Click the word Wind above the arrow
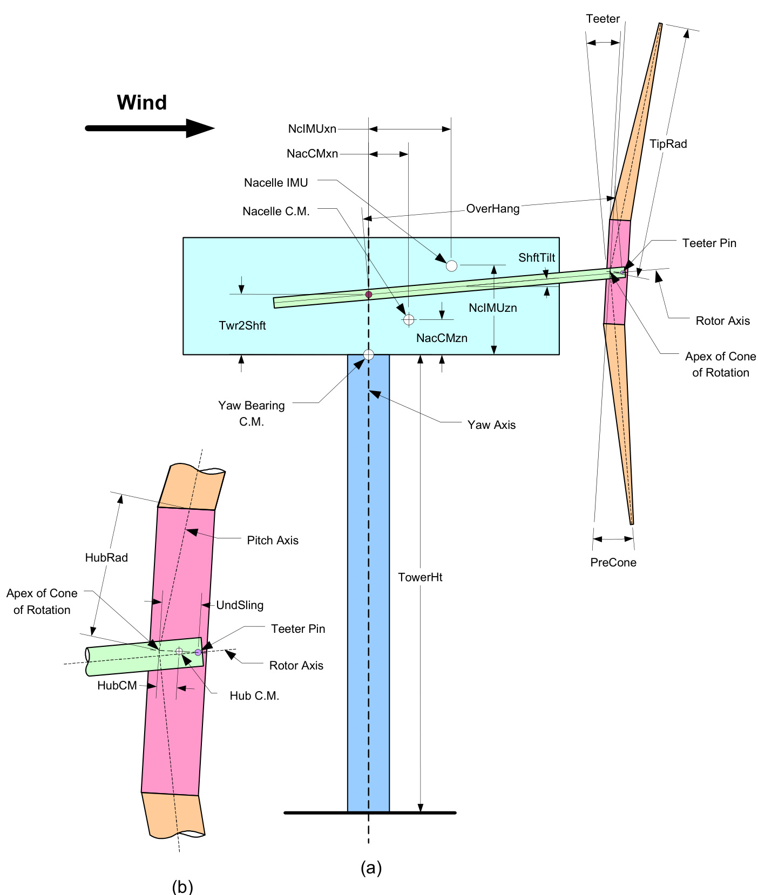tap(142, 103)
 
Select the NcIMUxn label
tap(312, 129)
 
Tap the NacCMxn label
tap(312, 154)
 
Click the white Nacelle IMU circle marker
tap(452, 265)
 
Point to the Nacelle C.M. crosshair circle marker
tap(409, 320)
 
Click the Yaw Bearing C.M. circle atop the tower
tap(369, 355)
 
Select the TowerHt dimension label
tap(420, 577)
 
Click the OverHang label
tap(492, 209)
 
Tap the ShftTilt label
tap(537, 258)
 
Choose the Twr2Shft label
tap(242, 325)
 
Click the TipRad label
tap(668, 144)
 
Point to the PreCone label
tap(613, 563)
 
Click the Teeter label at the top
tap(603, 19)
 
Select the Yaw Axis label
tap(491, 425)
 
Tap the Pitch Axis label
tap(273, 541)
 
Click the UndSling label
tap(240, 605)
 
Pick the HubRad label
tap(106, 558)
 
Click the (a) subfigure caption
tap(371, 868)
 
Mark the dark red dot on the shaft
tap(369, 295)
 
